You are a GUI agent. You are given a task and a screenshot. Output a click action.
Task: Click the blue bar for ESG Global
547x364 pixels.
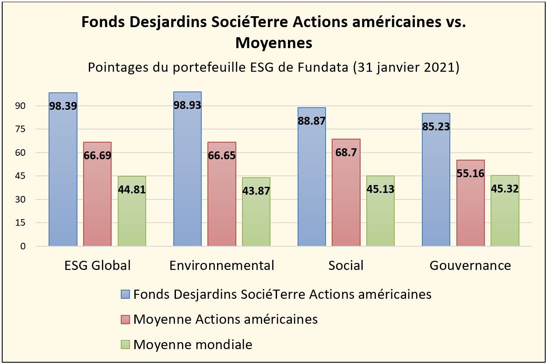pos(63,175)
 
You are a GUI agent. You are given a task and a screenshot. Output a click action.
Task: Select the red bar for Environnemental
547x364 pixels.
pos(222,201)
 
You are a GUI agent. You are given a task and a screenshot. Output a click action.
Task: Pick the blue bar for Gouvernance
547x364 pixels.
pos(436,184)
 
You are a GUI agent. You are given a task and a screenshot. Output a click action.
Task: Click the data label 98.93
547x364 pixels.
pos(187,105)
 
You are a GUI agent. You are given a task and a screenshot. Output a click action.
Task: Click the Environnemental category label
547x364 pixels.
pos(222,266)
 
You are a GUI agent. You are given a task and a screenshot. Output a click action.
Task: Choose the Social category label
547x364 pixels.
pos(346,266)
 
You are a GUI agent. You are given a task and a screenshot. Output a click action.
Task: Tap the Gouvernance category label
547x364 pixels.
pos(470,266)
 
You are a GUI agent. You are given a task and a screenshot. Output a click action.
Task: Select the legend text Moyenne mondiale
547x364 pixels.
pos(193,345)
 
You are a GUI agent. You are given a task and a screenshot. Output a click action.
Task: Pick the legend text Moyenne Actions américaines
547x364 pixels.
pos(225,319)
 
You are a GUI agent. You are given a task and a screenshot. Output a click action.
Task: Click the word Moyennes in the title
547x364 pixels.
pos(273,43)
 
